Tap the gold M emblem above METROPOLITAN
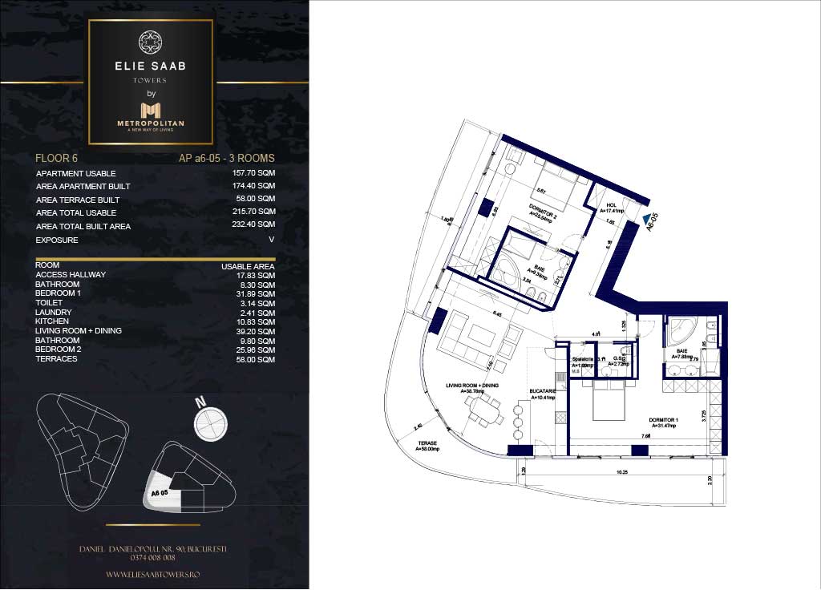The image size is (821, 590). click(x=151, y=109)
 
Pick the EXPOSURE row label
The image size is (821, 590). click(x=57, y=240)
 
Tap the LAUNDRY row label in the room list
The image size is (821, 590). click(x=54, y=312)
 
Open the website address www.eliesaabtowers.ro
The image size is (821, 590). click(x=152, y=575)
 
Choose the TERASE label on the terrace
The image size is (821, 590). click(x=427, y=444)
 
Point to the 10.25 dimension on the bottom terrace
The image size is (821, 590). click(x=622, y=472)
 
